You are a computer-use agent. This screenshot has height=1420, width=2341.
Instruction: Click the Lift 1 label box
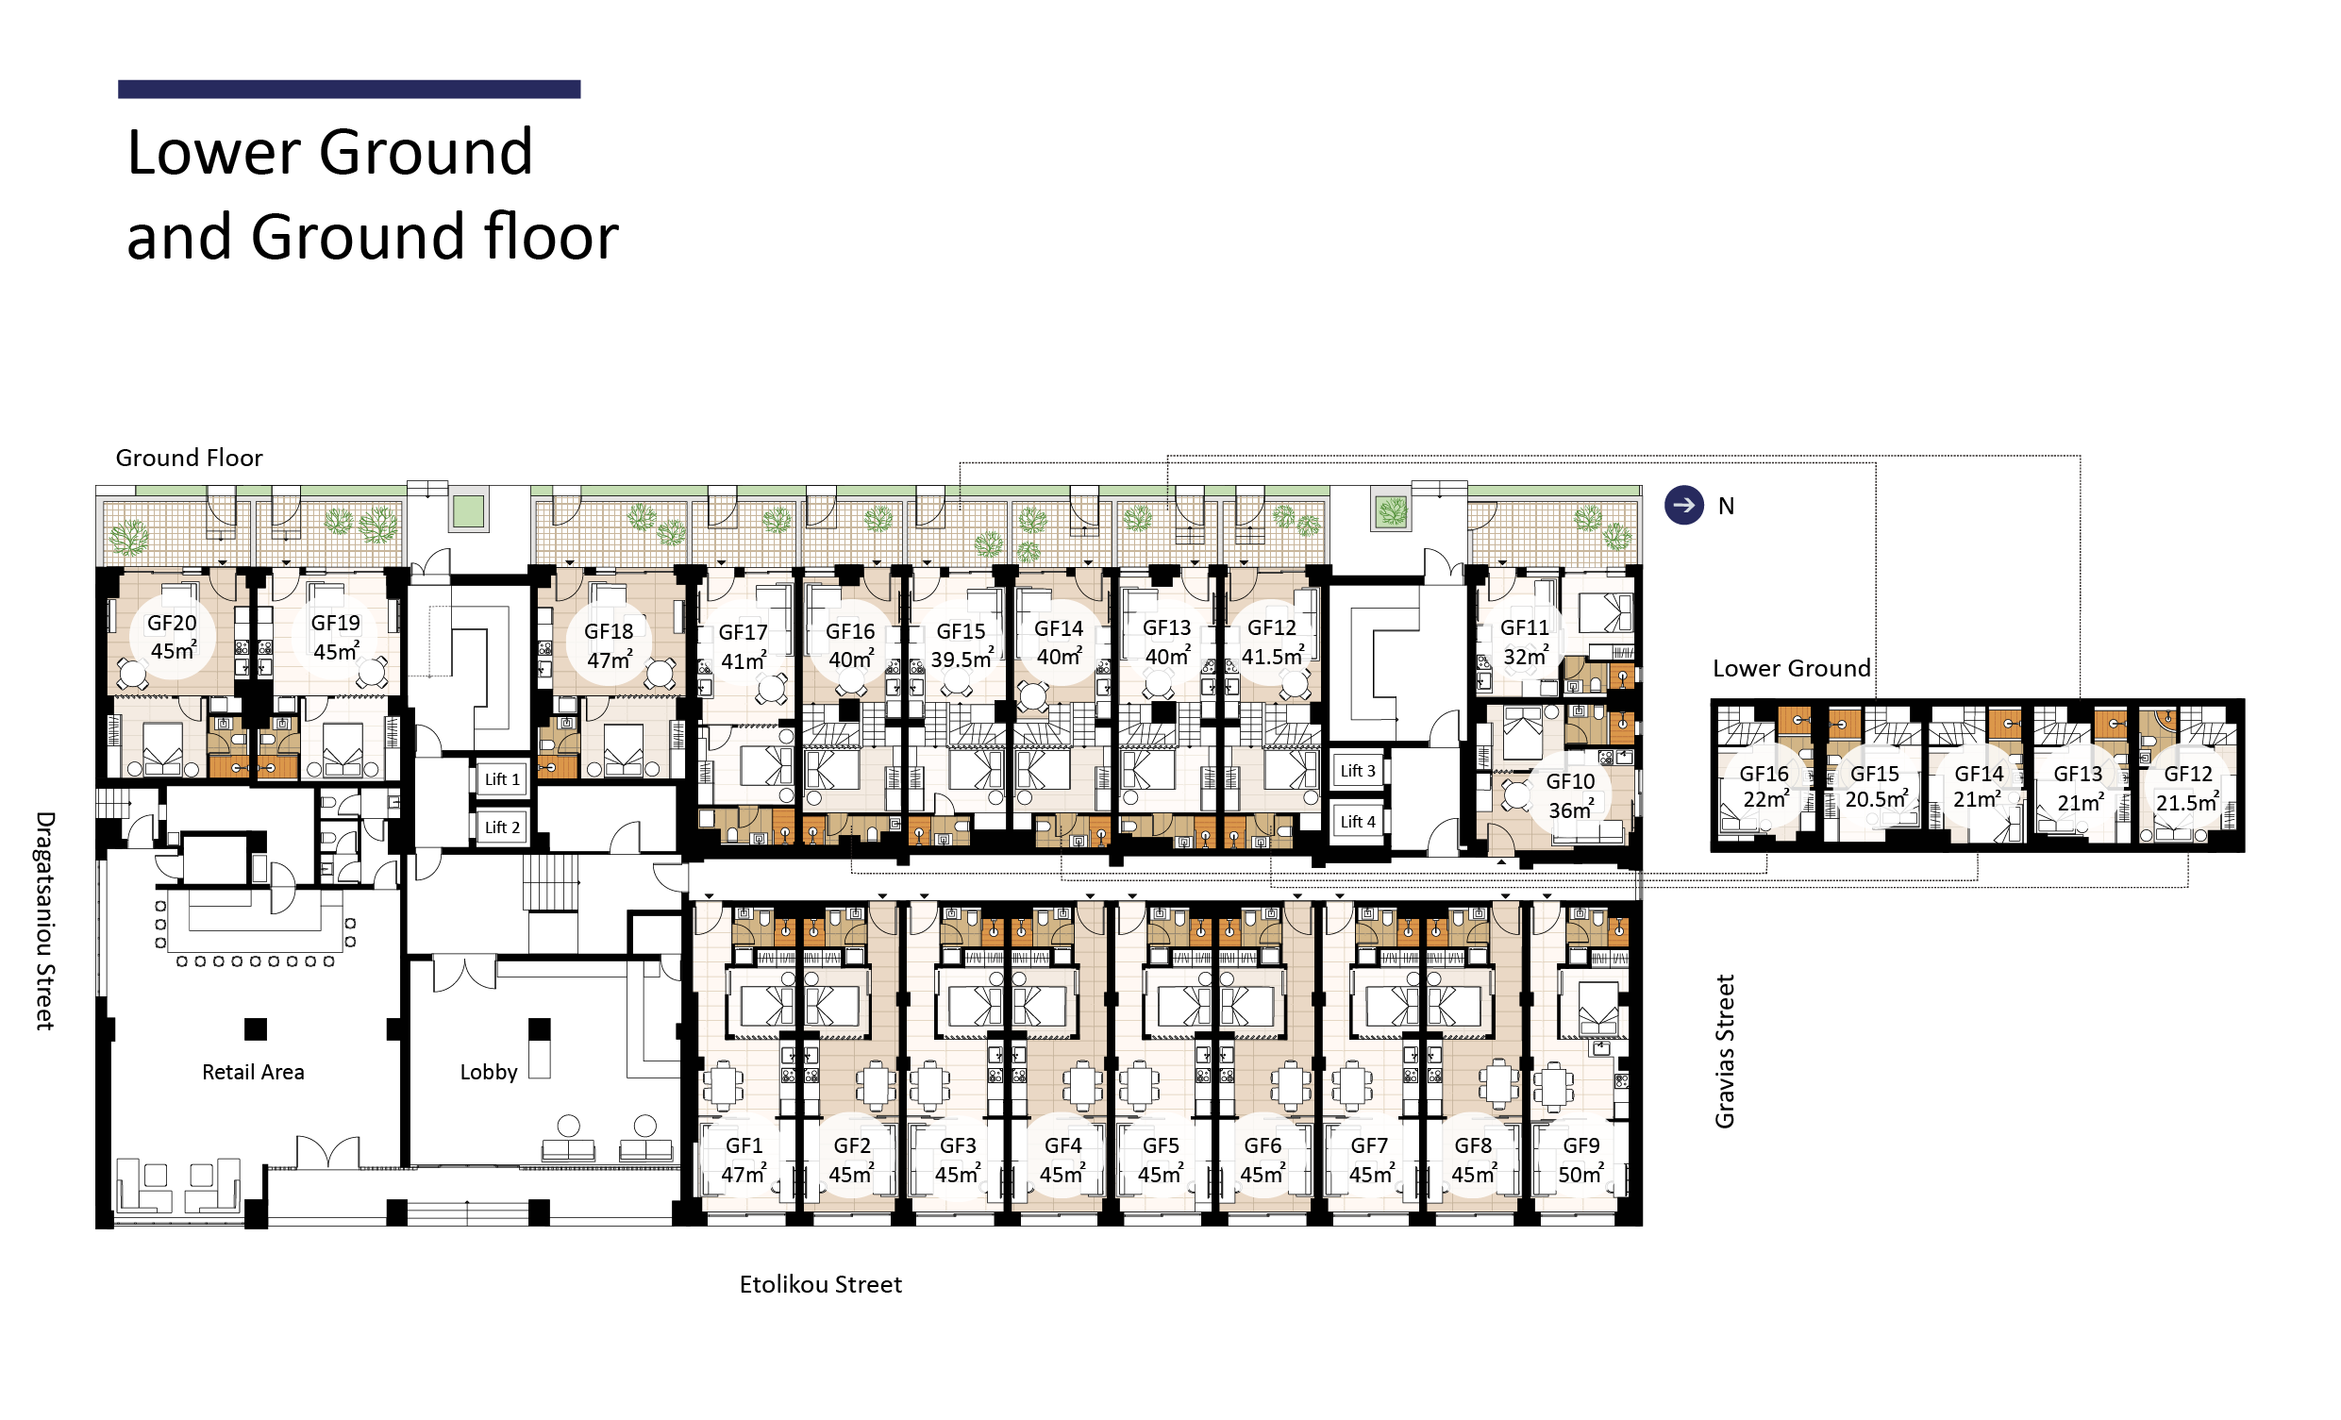(503, 779)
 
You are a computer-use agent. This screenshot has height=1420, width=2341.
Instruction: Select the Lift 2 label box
(503, 827)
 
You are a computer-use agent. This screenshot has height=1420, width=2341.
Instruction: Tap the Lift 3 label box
(1358, 771)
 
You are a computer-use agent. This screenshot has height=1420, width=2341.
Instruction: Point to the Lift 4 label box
(1358, 822)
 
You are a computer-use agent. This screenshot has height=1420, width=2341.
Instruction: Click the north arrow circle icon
(1684, 506)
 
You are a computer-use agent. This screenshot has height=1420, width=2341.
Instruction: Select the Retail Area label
(254, 1073)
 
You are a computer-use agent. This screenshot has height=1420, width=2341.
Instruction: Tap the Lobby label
(490, 1073)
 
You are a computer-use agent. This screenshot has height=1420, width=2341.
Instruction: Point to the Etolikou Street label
(821, 1284)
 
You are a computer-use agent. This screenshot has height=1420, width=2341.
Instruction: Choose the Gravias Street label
(1726, 1051)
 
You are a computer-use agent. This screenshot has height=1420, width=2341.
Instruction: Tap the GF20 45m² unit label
(173, 637)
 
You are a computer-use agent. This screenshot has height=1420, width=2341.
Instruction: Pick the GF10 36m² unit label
(1570, 796)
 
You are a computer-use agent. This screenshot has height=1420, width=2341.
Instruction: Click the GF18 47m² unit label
(609, 646)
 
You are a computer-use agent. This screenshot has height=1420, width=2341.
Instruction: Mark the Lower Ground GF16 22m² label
(1764, 788)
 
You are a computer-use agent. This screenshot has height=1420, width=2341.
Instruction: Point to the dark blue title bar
(349, 90)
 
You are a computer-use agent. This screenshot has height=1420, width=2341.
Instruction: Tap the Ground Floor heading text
(189, 458)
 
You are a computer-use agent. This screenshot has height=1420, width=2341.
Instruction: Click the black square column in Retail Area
(256, 1029)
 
